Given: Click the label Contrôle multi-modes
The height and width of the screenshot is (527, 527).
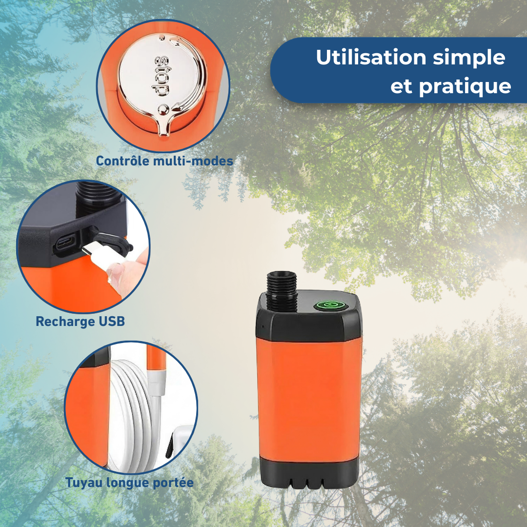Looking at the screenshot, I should coord(164,161).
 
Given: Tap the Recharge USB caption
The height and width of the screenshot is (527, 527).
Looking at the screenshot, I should coord(80,322).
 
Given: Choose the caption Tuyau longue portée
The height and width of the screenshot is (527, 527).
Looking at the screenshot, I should coord(129,483).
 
